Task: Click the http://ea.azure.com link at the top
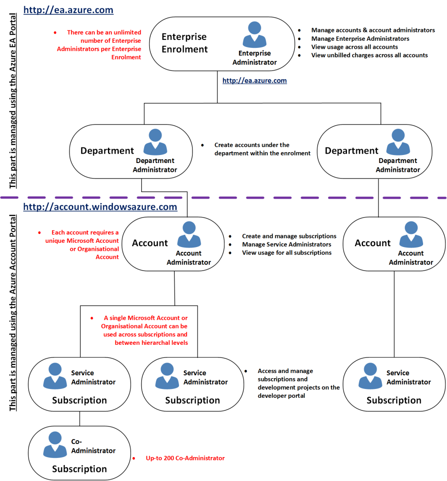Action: click(x=68, y=10)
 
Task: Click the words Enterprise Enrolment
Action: click(x=184, y=43)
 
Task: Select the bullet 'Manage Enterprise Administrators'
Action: click(x=360, y=39)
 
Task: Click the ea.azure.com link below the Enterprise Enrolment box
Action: click(x=254, y=81)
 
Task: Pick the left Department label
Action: click(x=107, y=151)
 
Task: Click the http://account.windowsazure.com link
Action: click(x=100, y=207)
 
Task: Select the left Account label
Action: click(x=149, y=243)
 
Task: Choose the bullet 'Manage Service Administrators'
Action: click(x=286, y=244)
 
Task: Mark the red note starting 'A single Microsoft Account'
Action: click(x=145, y=331)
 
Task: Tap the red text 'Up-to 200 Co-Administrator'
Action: click(x=185, y=458)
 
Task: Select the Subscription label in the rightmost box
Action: click(x=394, y=401)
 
